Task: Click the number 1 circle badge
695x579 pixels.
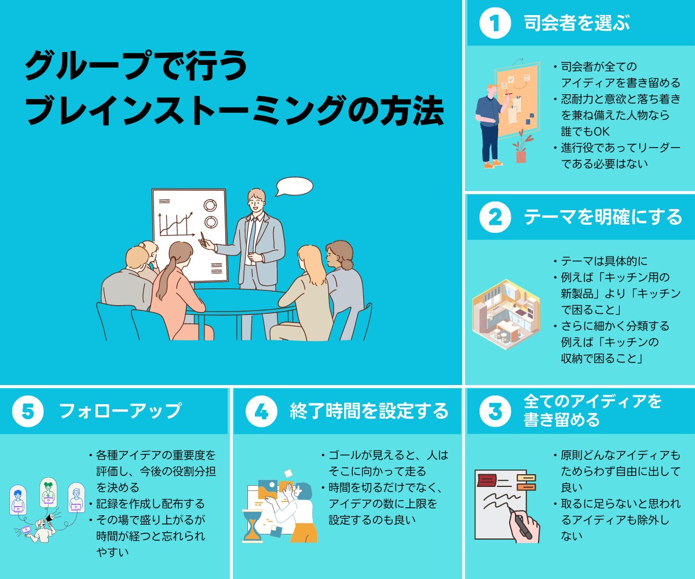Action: click(x=495, y=23)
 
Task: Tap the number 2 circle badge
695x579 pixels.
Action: click(x=495, y=217)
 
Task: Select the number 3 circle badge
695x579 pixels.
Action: click(x=495, y=411)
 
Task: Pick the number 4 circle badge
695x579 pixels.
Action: click(x=261, y=411)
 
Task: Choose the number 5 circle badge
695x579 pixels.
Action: click(x=28, y=411)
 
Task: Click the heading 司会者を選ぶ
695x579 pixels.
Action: click(x=577, y=23)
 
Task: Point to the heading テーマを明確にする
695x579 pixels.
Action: click(x=603, y=217)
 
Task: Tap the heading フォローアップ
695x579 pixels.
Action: click(x=120, y=411)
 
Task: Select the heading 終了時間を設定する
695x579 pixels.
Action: click(x=369, y=411)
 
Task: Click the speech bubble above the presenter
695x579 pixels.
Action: click(x=294, y=186)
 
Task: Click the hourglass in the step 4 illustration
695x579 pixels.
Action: click(x=252, y=525)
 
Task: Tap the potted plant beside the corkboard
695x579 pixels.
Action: click(x=522, y=146)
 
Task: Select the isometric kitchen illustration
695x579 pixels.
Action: click(x=506, y=314)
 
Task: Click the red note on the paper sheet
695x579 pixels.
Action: click(x=487, y=481)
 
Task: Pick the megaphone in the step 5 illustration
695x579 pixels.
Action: click(x=50, y=518)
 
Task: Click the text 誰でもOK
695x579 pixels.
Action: click(x=585, y=132)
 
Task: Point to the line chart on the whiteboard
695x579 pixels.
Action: click(x=177, y=223)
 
